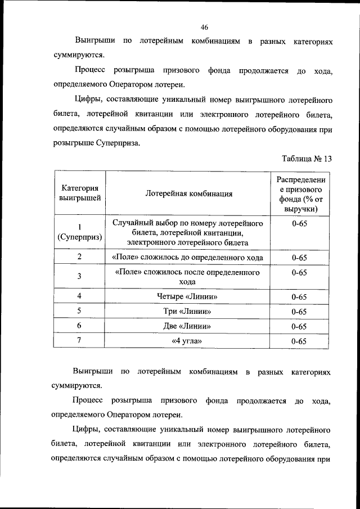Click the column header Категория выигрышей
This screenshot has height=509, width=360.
point(80,193)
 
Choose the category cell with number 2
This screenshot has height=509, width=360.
point(80,257)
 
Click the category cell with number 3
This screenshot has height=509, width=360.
point(80,276)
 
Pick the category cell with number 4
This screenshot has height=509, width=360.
point(80,296)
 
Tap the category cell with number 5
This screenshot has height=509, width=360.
point(80,311)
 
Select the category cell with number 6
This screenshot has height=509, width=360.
point(80,326)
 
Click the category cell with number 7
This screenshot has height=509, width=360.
point(80,340)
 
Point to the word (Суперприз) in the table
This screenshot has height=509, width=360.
point(80,237)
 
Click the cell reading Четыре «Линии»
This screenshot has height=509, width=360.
point(188,296)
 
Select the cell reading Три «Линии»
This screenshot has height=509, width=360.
point(188,311)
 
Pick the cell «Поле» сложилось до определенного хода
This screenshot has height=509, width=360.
point(188,258)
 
